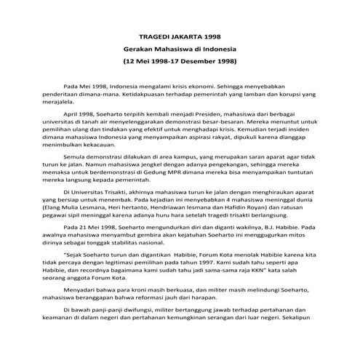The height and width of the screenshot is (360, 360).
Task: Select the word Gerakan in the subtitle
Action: click(139, 48)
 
